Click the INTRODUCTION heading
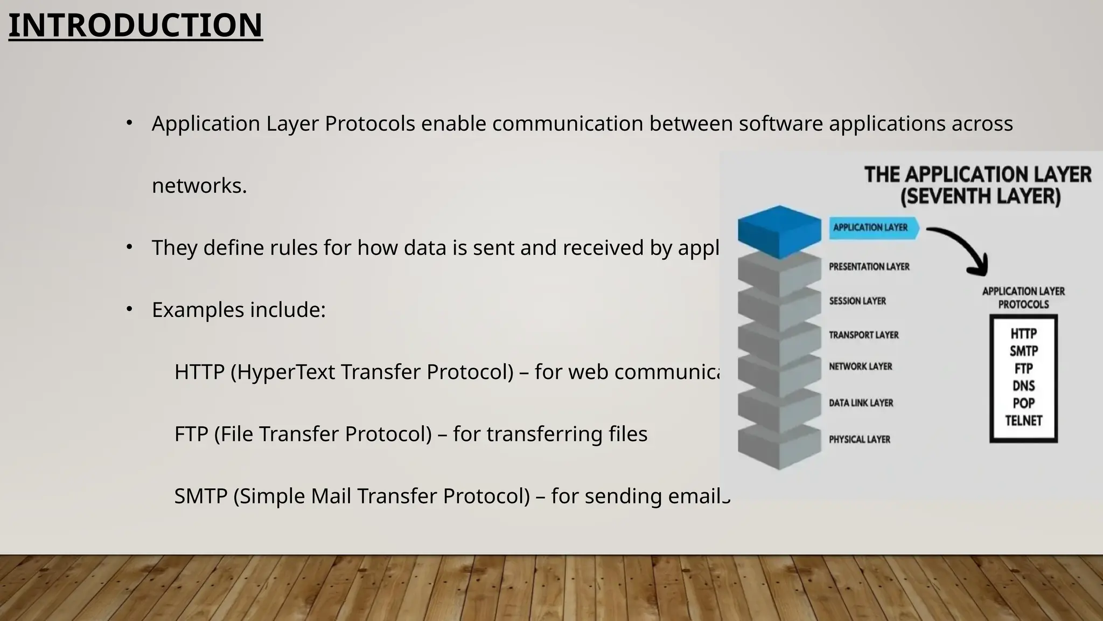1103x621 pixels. [135, 25]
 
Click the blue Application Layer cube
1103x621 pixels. [779, 231]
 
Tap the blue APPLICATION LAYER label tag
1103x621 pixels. [871, 227]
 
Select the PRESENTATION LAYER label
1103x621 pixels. [869, 267]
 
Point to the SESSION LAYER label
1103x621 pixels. [857, 301]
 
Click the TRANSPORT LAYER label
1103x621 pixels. [863, 335]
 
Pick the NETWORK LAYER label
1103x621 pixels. [860, 367]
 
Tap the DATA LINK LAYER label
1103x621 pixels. [861, 403]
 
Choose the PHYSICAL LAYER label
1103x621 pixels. [859, 440]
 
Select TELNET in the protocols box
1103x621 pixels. [1023, 421]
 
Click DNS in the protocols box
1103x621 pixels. [1023, 386]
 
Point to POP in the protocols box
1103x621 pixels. [1023, 404]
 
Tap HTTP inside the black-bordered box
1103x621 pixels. [1023, 334]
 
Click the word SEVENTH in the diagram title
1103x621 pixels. [946, 196]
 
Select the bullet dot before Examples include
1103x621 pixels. [129, 309]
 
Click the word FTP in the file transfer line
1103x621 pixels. [191, 434]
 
